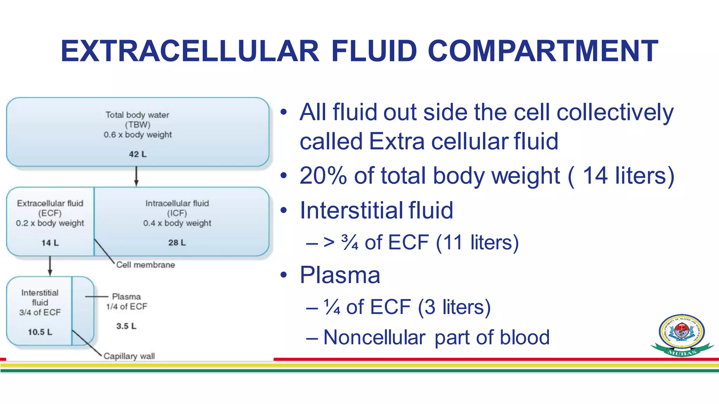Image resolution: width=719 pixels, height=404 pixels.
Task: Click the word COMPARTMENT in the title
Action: [x=543, y=51]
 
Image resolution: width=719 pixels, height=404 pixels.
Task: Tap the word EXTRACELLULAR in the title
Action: [x=190, y=51]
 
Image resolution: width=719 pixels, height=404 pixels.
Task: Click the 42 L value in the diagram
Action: [x=138, y=154]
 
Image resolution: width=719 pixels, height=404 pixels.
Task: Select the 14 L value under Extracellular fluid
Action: [x=50, y=243]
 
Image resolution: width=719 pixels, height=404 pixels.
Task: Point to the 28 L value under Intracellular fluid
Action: [x=177, y=243]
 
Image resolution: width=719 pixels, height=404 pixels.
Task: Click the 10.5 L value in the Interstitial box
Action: [x=40, y=332]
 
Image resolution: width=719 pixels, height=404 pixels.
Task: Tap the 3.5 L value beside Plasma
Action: [x=126, y=326]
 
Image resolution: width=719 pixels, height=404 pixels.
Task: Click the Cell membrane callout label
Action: [x=145, y=265]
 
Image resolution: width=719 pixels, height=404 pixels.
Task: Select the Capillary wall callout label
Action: [x=129, y=356]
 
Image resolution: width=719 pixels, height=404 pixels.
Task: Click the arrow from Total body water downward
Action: [x=137, y=176]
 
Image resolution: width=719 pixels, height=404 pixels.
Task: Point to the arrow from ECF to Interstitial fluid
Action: [x=50, y=266]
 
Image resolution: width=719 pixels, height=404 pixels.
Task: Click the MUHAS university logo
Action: [x=681, y=335]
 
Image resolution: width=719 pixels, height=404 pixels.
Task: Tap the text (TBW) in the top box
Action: [x=138, y=125]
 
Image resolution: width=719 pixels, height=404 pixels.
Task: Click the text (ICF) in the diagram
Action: [x=177, y=213]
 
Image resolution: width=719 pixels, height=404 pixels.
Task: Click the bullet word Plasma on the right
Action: [x=340, y=275]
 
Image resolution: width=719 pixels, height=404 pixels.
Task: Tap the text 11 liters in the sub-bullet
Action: [x=477, y=242]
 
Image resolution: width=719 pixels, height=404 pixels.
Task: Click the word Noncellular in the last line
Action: [x=374, y=337]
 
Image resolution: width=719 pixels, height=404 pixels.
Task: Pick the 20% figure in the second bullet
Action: [x=323, y=175]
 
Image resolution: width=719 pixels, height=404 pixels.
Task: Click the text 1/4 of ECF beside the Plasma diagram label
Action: [x=126, y=307]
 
